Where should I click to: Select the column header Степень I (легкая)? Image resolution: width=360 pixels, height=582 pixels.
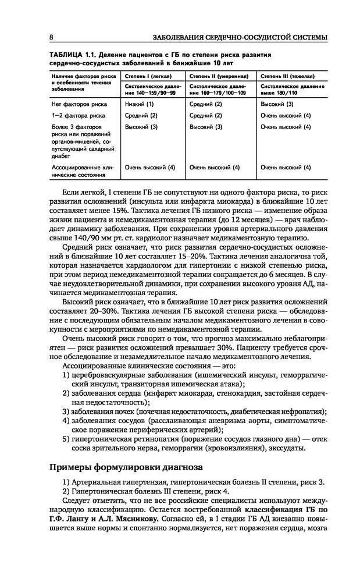[145, 76]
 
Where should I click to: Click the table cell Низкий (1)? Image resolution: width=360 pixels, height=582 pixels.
[139, 104]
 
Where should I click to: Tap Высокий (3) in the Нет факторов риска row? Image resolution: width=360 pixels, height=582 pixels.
[277, 104]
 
